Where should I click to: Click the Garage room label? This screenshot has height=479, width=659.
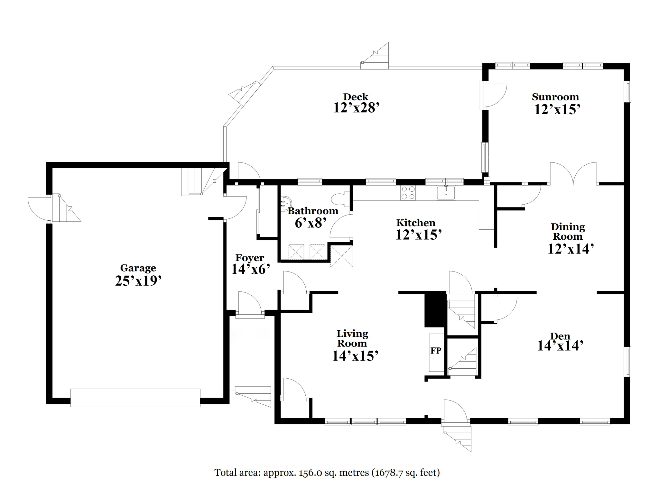coord(138,268)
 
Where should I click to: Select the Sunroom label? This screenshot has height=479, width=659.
coord(555,97)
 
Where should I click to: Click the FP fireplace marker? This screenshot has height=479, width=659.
coord(436,351)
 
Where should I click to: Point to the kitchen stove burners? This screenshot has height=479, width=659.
coord(408,193)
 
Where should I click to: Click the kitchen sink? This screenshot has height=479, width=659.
coord(446,193)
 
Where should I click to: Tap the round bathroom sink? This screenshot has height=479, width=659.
coord(285,204)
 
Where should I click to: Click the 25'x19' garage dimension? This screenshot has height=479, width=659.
coord(138,281)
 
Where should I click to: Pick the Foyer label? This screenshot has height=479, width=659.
coord(250,258)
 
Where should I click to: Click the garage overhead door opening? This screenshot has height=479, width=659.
coord(135,398)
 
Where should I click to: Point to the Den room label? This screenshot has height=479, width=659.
coord(560,336)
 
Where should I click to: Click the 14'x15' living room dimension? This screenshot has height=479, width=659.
coord(355,356)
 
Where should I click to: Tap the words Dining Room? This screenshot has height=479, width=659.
coord(568,232)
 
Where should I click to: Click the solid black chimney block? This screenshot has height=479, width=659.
coord(435,309)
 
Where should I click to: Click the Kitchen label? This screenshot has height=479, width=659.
coord(416,223)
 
